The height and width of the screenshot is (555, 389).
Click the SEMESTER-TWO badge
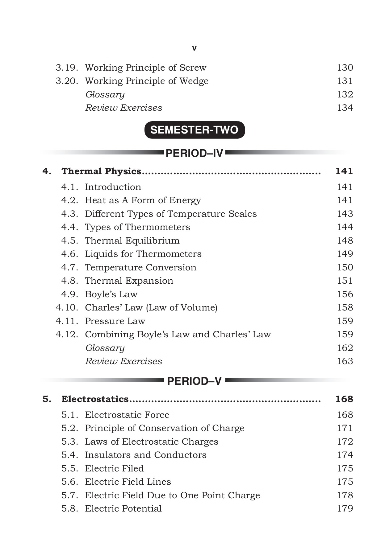click(194, 130)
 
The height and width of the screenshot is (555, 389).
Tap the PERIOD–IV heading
click(194, 153)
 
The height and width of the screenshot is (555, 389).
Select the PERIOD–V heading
click(194, 381)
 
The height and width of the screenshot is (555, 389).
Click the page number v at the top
click(194, 48)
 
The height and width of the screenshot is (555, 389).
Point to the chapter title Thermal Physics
click(101, 171)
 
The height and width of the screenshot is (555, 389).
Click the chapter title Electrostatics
click(95, 399)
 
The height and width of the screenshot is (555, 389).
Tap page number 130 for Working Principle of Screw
click(345, 68)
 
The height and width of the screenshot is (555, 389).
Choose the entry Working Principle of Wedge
click(147, 81)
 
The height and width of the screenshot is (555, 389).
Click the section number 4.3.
click(69, 214)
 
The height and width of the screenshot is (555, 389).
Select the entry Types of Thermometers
click(137, 227)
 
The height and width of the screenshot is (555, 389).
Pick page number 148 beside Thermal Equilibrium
click(345, 240)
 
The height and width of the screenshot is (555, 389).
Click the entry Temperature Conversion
click(140, 267)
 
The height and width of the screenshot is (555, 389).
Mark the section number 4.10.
click(67, 307)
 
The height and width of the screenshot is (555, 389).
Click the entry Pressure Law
click(115, 321)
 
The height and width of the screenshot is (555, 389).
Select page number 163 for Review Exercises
click(345, 361)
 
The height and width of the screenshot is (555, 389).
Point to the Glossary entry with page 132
click(105, 94)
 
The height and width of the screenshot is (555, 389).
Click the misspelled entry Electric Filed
click(114, 468)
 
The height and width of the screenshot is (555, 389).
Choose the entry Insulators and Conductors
click(145, 455)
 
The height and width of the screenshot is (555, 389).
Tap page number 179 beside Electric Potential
click(345, 508)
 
